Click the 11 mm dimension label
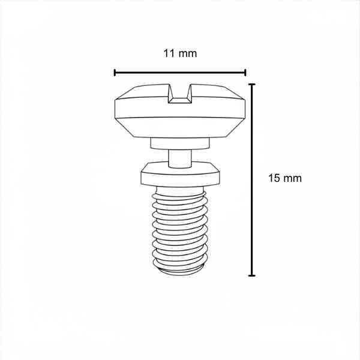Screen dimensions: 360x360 180,53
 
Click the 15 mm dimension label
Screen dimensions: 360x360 285,178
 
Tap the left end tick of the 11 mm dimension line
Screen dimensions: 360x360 115,73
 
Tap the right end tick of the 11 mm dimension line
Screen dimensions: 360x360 245,73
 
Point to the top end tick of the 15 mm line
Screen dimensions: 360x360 252,85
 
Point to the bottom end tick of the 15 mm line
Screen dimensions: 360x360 252,275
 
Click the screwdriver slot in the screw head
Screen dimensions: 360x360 180,94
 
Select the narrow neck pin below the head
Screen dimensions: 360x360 180,158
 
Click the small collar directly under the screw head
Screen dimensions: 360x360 180,143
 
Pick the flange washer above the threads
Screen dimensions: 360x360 180,174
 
